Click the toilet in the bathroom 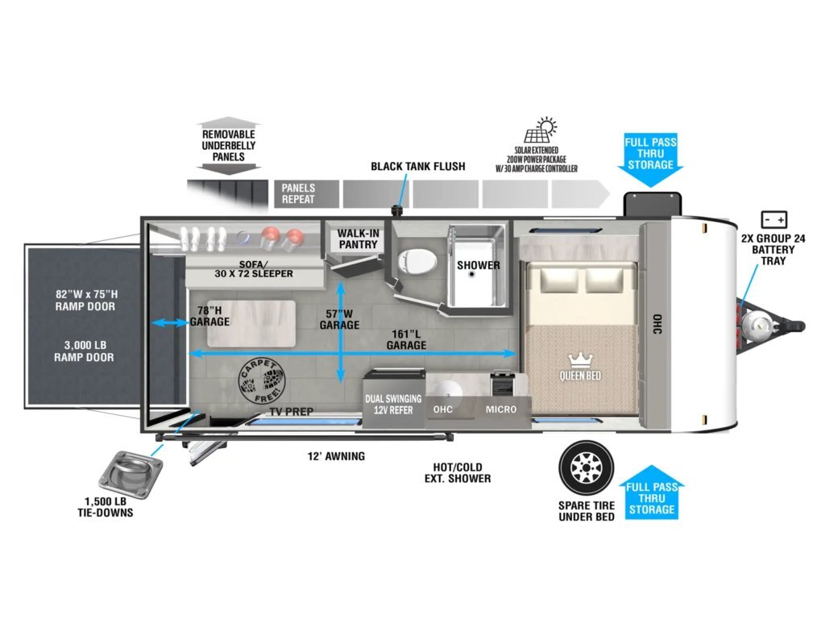(418, 261)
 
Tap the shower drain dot (472, 274)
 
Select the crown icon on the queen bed (580, 360)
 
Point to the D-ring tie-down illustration (131, 473)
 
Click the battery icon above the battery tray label (774, 219)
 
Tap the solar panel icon (540, 130)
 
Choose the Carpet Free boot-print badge (262, 381)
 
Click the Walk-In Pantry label (358, 239)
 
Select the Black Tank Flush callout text (418, 166)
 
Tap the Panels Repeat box (307, 193)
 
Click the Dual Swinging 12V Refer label (393, 405)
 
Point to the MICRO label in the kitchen (501, 409)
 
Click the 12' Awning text (336, 456)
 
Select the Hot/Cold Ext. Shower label (458, 472)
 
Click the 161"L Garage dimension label (406, 339)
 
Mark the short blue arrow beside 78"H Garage (169, 322)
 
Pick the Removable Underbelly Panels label (228, 145)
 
